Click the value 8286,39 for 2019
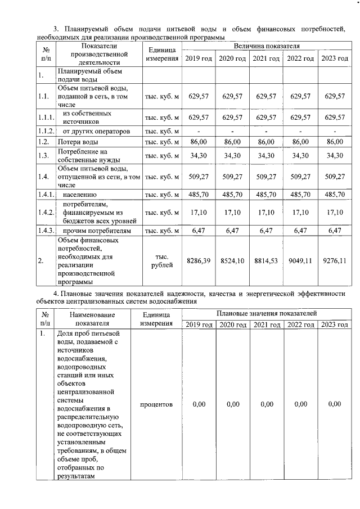point(198,261)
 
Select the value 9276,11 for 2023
point(335,261)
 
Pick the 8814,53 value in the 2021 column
point(265,261)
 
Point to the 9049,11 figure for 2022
point(300,261)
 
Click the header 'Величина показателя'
point(267,44)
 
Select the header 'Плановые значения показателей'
point(267,313)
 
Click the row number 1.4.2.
point(46,213)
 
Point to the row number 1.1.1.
point(46,117)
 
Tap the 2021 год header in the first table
point(266,59)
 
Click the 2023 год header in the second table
point(335,325)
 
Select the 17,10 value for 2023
point(335,213)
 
